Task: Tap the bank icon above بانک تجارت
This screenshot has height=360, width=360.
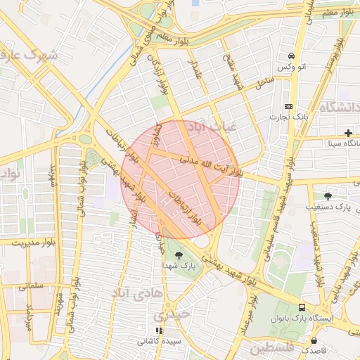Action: [x=288, y=105]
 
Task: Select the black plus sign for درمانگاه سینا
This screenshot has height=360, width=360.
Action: [x=348, y=133]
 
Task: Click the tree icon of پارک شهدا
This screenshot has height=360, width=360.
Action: [x=177, y=255]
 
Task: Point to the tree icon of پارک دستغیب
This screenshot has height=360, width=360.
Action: [x=328, y=195]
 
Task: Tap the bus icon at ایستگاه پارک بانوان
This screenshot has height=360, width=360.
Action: [x=302, y=307]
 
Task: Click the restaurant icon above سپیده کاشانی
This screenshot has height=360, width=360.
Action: [x=159, y=330]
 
